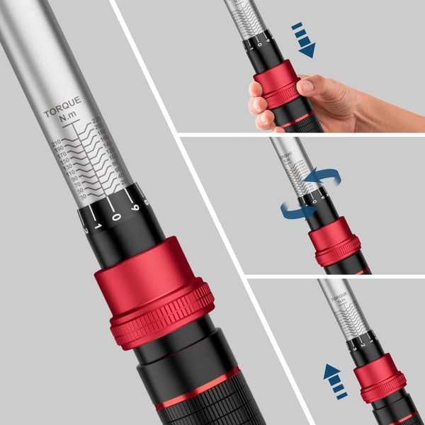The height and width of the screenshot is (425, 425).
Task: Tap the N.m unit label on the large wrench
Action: [x=68, y=123]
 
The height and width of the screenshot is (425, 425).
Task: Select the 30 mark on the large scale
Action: [x=81, y=196]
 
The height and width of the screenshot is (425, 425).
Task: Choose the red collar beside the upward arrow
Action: [x=380, y=376]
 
